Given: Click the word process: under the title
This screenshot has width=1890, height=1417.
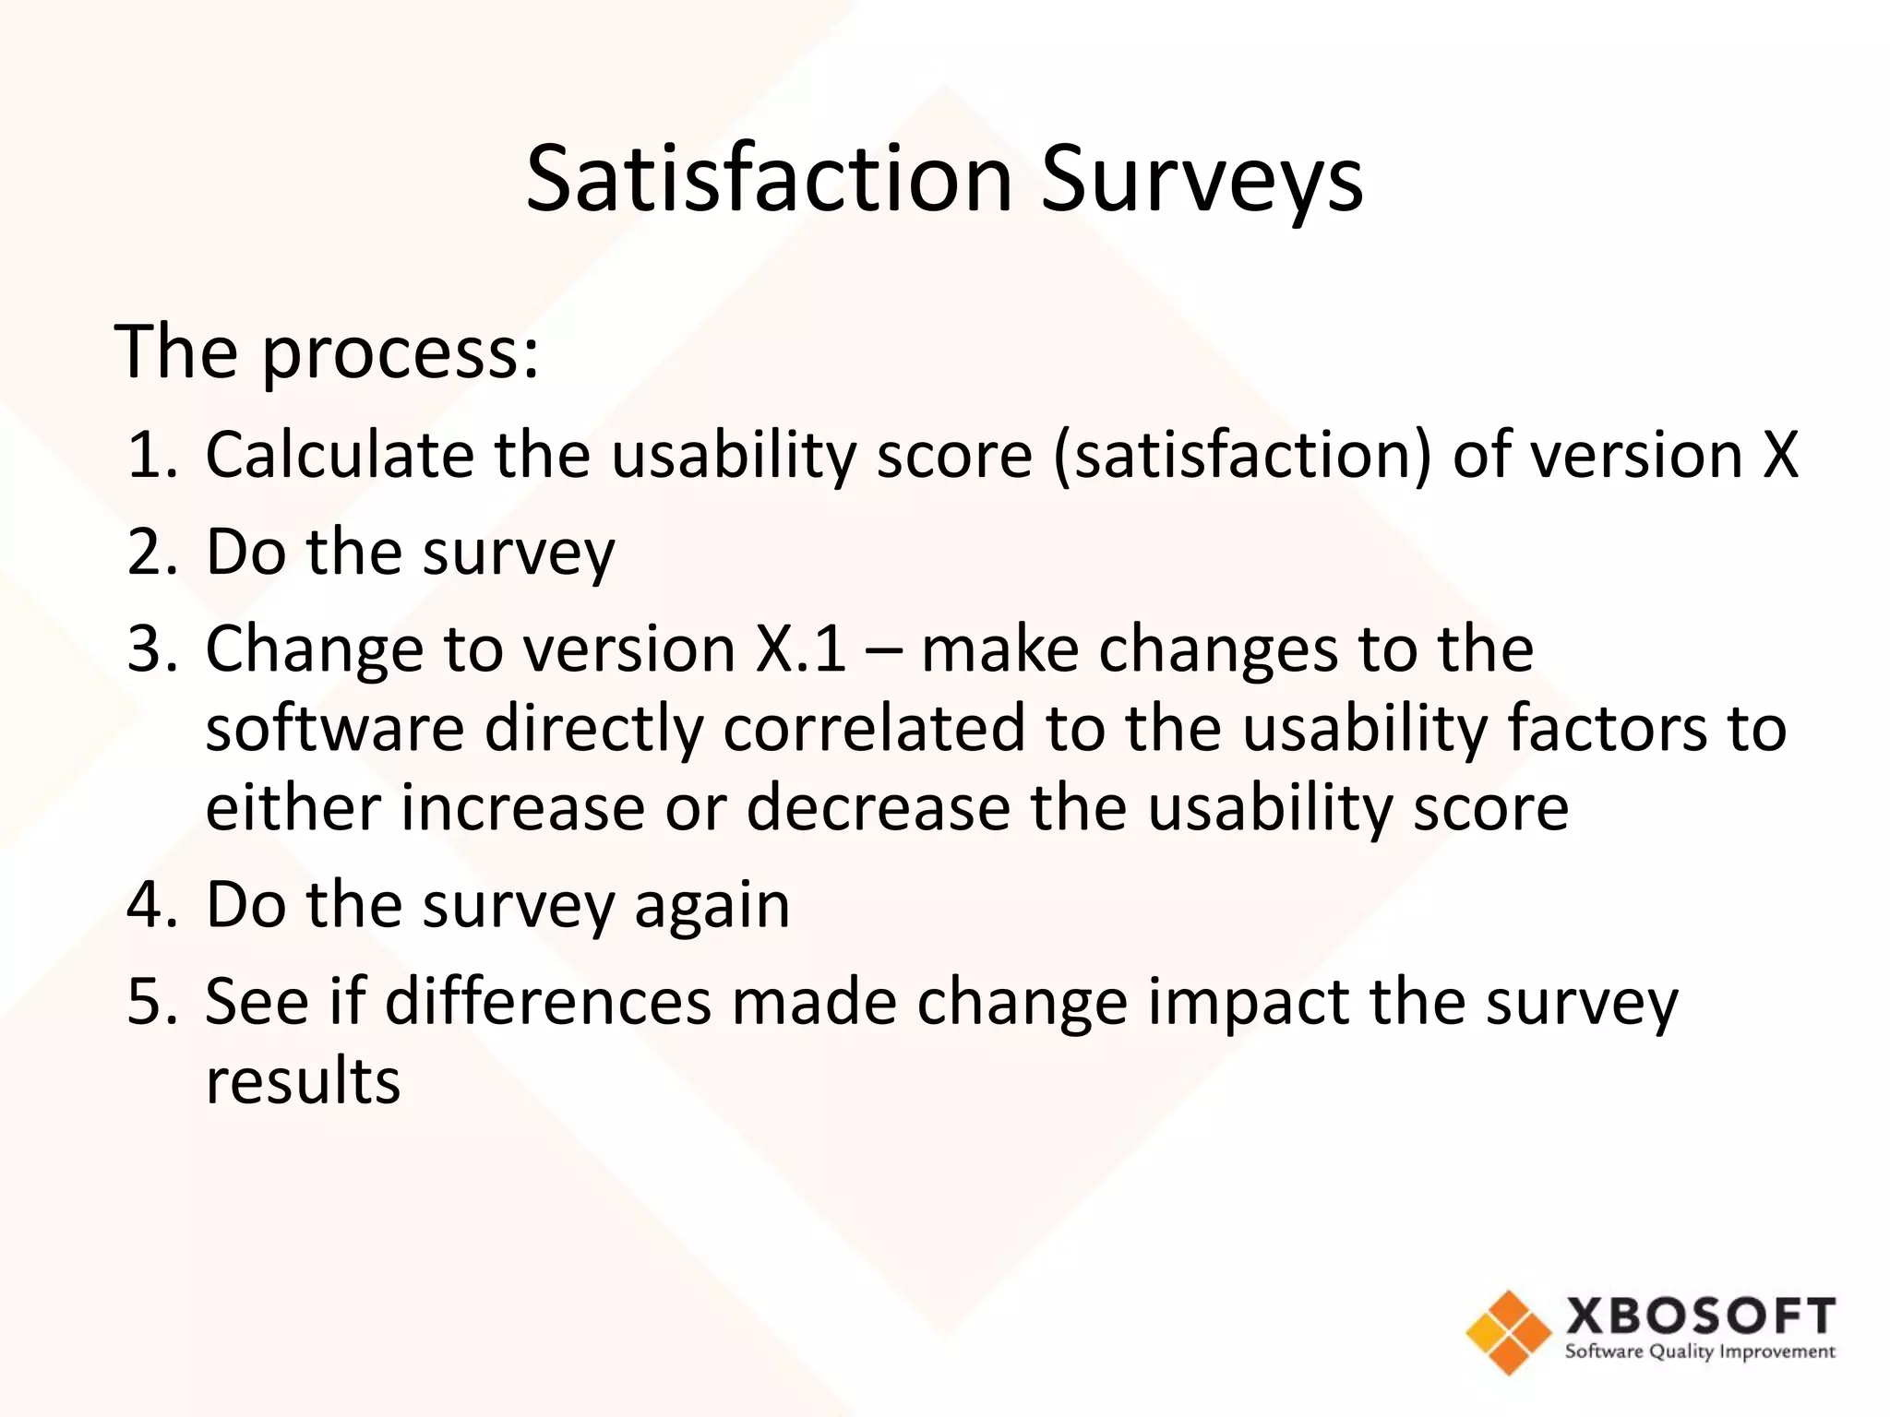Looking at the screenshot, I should point(401,355).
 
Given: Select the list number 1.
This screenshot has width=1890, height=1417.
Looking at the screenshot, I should point(150,455).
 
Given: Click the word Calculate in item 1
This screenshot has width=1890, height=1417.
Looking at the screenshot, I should point(339,455).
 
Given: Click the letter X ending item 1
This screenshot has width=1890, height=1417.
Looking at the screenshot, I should point(1780,455).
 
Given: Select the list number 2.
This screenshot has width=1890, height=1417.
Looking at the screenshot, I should point(150,553).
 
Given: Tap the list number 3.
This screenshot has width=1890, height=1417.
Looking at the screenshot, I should point(150,649).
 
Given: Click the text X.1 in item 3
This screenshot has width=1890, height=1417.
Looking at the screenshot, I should point(800,649).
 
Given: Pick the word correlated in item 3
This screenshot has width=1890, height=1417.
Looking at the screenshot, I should point(873,728).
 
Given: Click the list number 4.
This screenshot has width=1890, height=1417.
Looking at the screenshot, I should point(150,905).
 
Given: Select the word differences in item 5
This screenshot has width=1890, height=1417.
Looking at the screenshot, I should point(548,1002).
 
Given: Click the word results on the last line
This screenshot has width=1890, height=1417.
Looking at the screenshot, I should point(303,1081).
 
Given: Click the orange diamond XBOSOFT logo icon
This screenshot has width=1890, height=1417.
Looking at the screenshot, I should point(1508,1332).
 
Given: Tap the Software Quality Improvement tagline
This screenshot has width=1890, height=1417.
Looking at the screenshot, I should point(1700,1352).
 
